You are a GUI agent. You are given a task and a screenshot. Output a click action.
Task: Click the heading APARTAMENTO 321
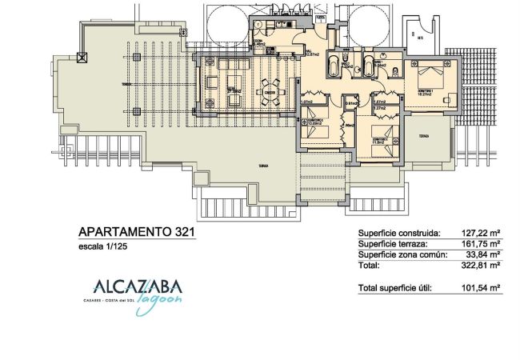(135, 232)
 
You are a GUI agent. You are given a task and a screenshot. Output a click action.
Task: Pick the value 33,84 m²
(480, 254)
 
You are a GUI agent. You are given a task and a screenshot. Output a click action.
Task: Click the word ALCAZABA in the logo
(138, 286)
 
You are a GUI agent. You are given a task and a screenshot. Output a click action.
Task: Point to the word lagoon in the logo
(165, 298)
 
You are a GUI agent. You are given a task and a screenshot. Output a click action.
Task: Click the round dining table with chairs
(270, 89)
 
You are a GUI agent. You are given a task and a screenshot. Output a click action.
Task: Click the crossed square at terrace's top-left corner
(80, 56)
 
